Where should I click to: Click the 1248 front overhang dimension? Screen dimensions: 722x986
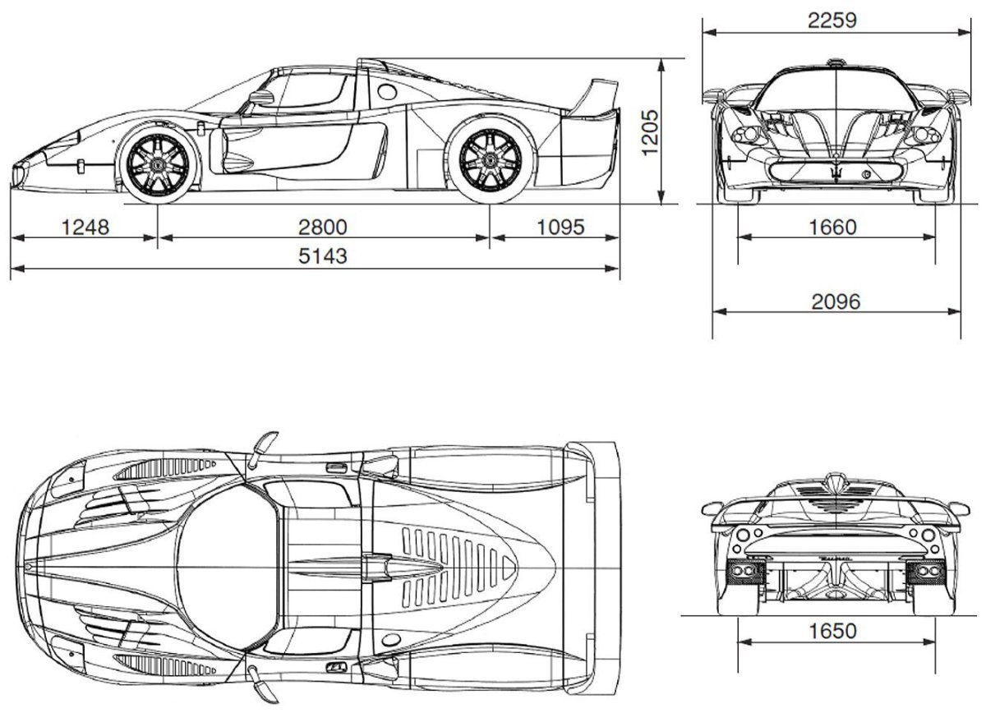pyautogui.click(x=85, y=227)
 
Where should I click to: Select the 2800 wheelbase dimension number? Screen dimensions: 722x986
pyautogui.click(x=324, y=227)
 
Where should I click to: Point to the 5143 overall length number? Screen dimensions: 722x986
pyautogui.click(x=324, y=256)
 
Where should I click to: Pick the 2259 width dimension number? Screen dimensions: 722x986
pyautogui.click(x=832, y=21)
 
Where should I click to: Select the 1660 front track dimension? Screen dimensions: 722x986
pyautogui.click(x=832, y=227)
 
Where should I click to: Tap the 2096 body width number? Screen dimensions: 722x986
pyautogui.click(x=836, y=301)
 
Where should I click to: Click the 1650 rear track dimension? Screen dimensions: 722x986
pyautogui.click(x=832, y=632)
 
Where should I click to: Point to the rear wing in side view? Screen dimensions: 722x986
pyautogui.click(x=597, y=94)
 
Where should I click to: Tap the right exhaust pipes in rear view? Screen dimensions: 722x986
pyautogui.click(x=920, y=572)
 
